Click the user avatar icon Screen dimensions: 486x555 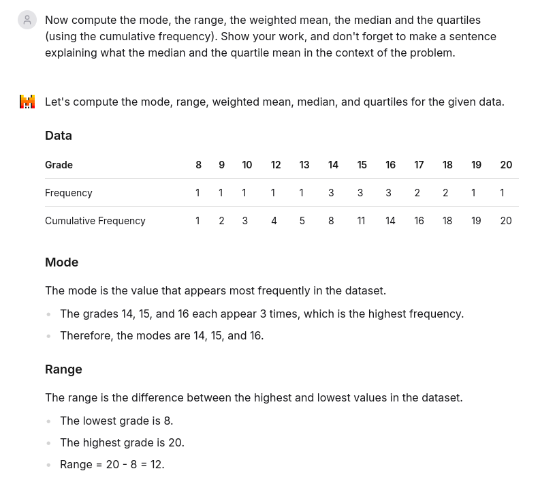point(27,20)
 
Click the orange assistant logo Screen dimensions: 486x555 point(27,102)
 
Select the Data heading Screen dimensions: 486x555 point(59,136)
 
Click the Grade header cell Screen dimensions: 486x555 point(59,165)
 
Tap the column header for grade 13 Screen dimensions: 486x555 point(304,165)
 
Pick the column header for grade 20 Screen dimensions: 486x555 point(506,165)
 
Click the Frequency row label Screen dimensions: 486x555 point(69,193)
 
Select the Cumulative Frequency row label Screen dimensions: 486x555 point(95,221)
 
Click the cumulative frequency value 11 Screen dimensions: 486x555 point(362,221)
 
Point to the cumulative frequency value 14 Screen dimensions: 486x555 point(390,221)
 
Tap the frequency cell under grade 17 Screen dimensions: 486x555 point(417,193)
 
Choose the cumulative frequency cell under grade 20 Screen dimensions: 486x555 point(506,221)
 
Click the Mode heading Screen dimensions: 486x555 point(62,262)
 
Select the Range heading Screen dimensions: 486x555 point(63,369)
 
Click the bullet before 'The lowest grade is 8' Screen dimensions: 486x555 point(48,421)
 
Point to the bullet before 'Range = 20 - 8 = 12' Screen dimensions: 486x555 point(48,465)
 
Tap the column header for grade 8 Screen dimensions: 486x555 point(198,165)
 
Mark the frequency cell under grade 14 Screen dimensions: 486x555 point(331,193)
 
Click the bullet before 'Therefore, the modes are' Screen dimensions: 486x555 point(48,336)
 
